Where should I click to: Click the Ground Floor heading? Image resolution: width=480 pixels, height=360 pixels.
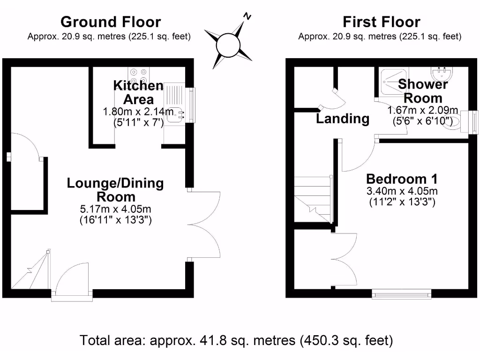pyautogui.click(x=111, y=22)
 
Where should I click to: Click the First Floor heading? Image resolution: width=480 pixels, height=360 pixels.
pyautogui.click(x=381, y=22)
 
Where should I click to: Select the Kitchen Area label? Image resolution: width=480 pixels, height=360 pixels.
pyautogui.click(x=138, y=92)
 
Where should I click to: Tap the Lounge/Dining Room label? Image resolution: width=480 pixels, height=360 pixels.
pyautogui.click(x=115, y=189)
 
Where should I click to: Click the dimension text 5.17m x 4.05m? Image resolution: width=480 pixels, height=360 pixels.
pyautogui.click(x=115, y=209)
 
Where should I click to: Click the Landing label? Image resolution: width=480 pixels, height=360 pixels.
pyautogui.click(x=342, y=119)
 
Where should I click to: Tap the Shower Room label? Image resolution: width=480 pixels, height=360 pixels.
pyautogui.click(x=423, y=91)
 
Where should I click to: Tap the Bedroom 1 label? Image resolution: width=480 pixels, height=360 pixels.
pyautogui.click(x=402, y=179)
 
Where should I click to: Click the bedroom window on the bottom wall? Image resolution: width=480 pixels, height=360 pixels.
pyautogui.click(x=401, y=294)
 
